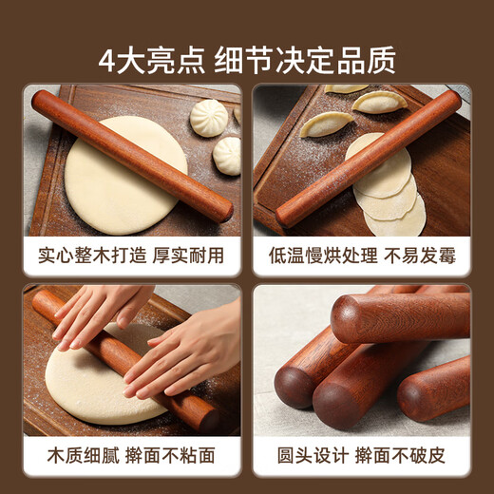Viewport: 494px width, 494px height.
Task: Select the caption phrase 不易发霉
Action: pyautogui.click(x=422, y=256)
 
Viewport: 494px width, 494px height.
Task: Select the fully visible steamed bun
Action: pyautogui.click(x=209, y=118)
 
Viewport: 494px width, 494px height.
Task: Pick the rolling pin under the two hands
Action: pyautogui.click(x=123, y=361)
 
